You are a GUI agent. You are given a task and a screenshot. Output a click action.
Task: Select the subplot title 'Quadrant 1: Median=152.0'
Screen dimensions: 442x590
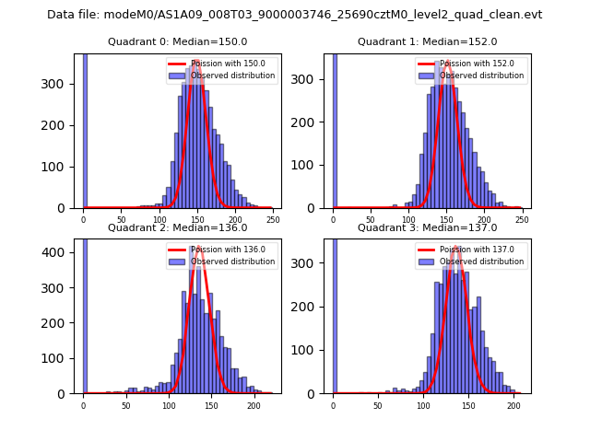tap(427, 41)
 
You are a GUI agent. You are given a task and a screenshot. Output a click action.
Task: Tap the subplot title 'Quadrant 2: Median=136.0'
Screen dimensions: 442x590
tap(177, 227)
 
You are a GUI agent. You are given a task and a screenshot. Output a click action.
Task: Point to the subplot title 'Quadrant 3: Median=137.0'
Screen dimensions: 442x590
tap(427, 227)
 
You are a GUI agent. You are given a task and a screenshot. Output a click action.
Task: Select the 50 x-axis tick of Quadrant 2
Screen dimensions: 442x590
tap(126, 406)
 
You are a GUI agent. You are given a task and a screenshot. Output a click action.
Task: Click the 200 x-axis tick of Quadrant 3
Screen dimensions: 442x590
tap(512, 406)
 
